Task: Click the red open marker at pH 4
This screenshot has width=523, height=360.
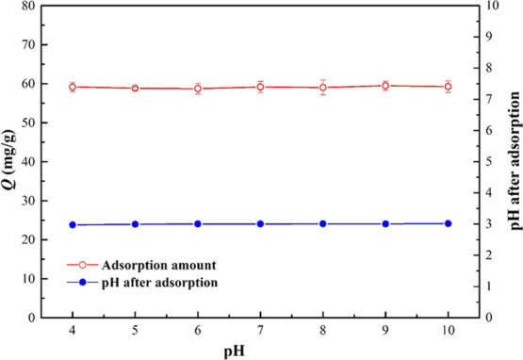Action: point(73,87)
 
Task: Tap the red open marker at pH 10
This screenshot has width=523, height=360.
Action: point(448,87)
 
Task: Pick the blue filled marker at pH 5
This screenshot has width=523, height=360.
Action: point(135,224)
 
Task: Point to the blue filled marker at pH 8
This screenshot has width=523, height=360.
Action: point(323,223)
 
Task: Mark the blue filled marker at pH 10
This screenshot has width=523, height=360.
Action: point(448,223)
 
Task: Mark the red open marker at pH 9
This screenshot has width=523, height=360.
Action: point(385,86)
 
